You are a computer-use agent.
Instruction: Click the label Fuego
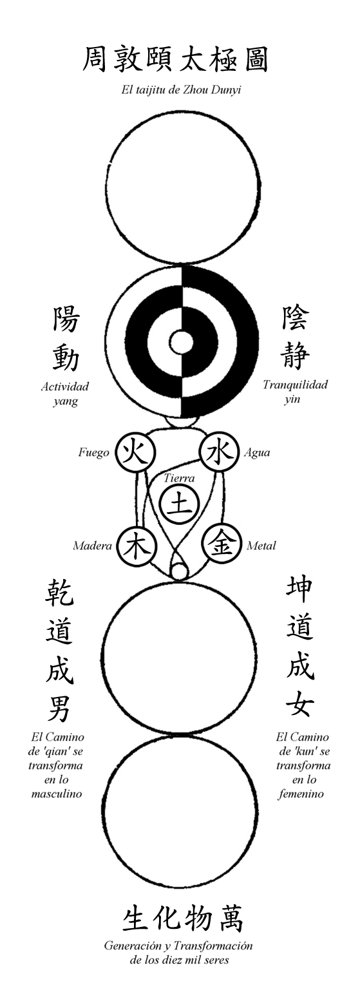tap(94, 452)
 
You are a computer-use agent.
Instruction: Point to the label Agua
tap(257, 453)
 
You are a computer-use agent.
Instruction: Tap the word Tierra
tap(179, 478)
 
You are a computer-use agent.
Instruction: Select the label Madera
tap(92, 546)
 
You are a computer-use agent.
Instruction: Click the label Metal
tap(261, 546)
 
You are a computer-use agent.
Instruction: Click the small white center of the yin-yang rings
tap(182, 342)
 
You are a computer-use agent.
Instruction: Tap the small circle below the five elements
tap(178, 572)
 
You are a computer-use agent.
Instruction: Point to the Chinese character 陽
tap(66, 319)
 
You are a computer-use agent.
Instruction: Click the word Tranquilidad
tap(295, 385)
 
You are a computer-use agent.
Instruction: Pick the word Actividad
tap(65, 386)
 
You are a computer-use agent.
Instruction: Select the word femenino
tap(301, 794)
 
